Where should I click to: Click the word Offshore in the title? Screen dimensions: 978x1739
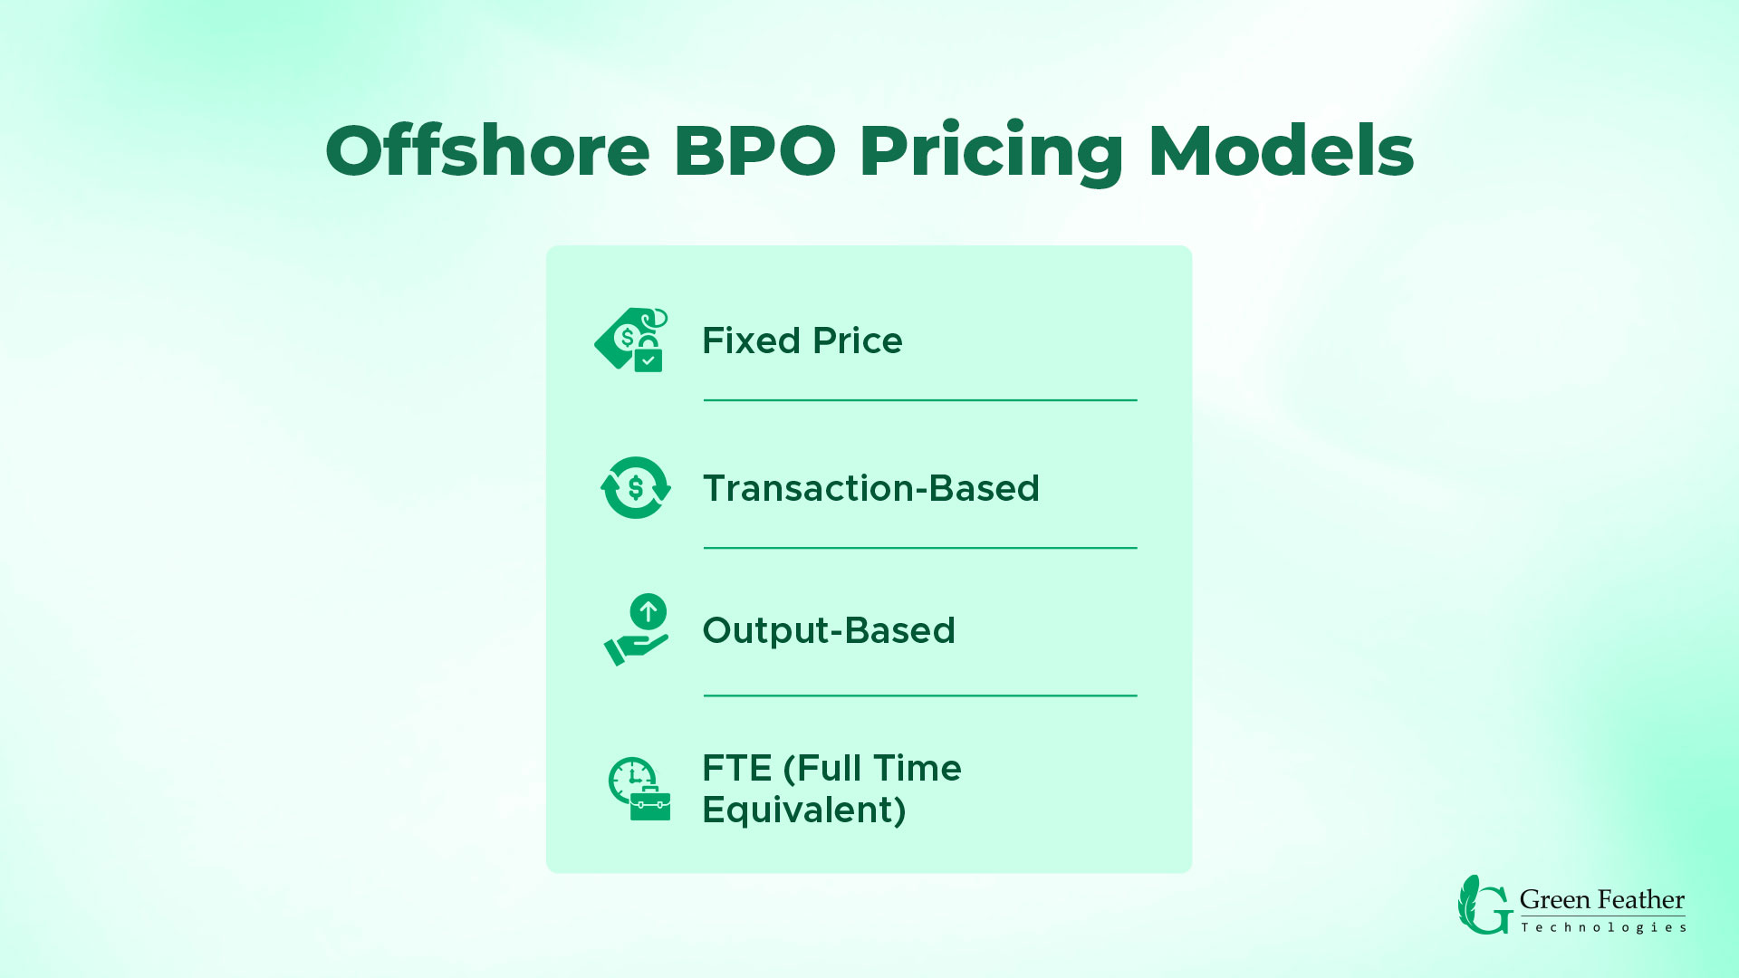pyautogui.click(x=487, y=150)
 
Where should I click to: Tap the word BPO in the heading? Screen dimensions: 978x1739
pyautogui.click(x=754, y=150)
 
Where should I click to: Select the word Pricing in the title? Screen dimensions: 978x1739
pyautogui.click(x=991, y=152)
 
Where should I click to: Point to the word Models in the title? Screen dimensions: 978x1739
pyautogui.click(x=1281, y=150)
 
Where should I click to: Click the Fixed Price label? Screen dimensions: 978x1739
pyautogui.click(x=802, y=341)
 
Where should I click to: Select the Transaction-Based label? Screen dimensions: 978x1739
pyautogui.click(x=870, y=489)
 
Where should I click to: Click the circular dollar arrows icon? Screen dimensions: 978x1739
pyautogui.click(x=636, y=488)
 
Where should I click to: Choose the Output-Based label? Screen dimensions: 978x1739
pyautogui.click(x=828, y=631)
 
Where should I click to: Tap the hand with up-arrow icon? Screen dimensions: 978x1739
pyautogui.click(x=637, y=630)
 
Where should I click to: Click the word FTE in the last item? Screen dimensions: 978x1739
pyautogui.click(x=736, y=769)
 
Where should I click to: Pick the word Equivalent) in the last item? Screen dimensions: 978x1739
pyautogui.click(x=803, y=810)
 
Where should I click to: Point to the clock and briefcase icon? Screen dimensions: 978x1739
pyautogui.click(x=639, y=789)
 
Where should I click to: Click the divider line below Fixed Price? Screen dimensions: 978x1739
pyautogui.click(x=919, y=400)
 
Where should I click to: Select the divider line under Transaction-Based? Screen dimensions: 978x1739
pyautogui.click(x=919, y=548)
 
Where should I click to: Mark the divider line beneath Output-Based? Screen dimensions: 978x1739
pyautogui.click(x=919, y=695)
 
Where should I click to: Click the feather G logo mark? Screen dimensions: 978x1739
pyautogui.click(x=1484, y=905)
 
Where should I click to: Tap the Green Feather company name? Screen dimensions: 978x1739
pyautogui.click(x=1601, y=900)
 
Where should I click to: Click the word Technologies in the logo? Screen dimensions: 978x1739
pyautogui.click(x=1603, y=927)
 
